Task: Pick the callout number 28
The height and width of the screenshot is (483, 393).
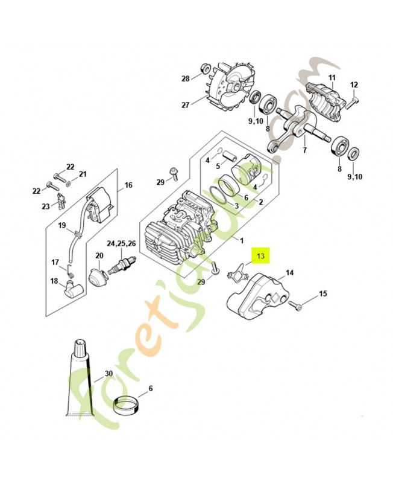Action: coord(186,78)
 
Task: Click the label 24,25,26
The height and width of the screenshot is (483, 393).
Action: coord(122,244)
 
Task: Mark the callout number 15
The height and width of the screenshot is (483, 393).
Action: coord(322,293)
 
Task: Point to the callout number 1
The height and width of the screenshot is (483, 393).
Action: coord(242,241)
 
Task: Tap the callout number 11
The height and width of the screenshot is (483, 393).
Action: coord(331,78)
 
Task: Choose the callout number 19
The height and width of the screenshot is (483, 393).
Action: coord(61,226)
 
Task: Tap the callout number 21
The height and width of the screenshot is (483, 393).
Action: coord(83,174)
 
